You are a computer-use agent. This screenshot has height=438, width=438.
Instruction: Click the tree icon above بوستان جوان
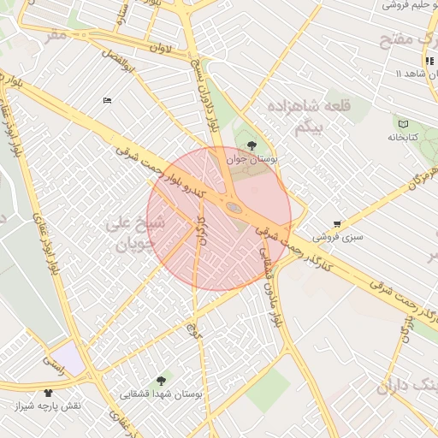[251, 145]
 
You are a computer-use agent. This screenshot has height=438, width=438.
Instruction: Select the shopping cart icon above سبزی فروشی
[337, 223]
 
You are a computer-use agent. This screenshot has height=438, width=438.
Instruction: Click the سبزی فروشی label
[337, 236]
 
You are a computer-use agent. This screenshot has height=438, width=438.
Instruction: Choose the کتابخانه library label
[402, 137]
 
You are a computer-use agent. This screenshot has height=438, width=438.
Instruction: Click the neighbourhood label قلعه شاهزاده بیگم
[300, 118]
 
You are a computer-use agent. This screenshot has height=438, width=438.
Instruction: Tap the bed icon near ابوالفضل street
[107, 100]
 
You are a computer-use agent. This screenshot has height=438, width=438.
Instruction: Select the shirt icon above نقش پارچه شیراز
[47, 393]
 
